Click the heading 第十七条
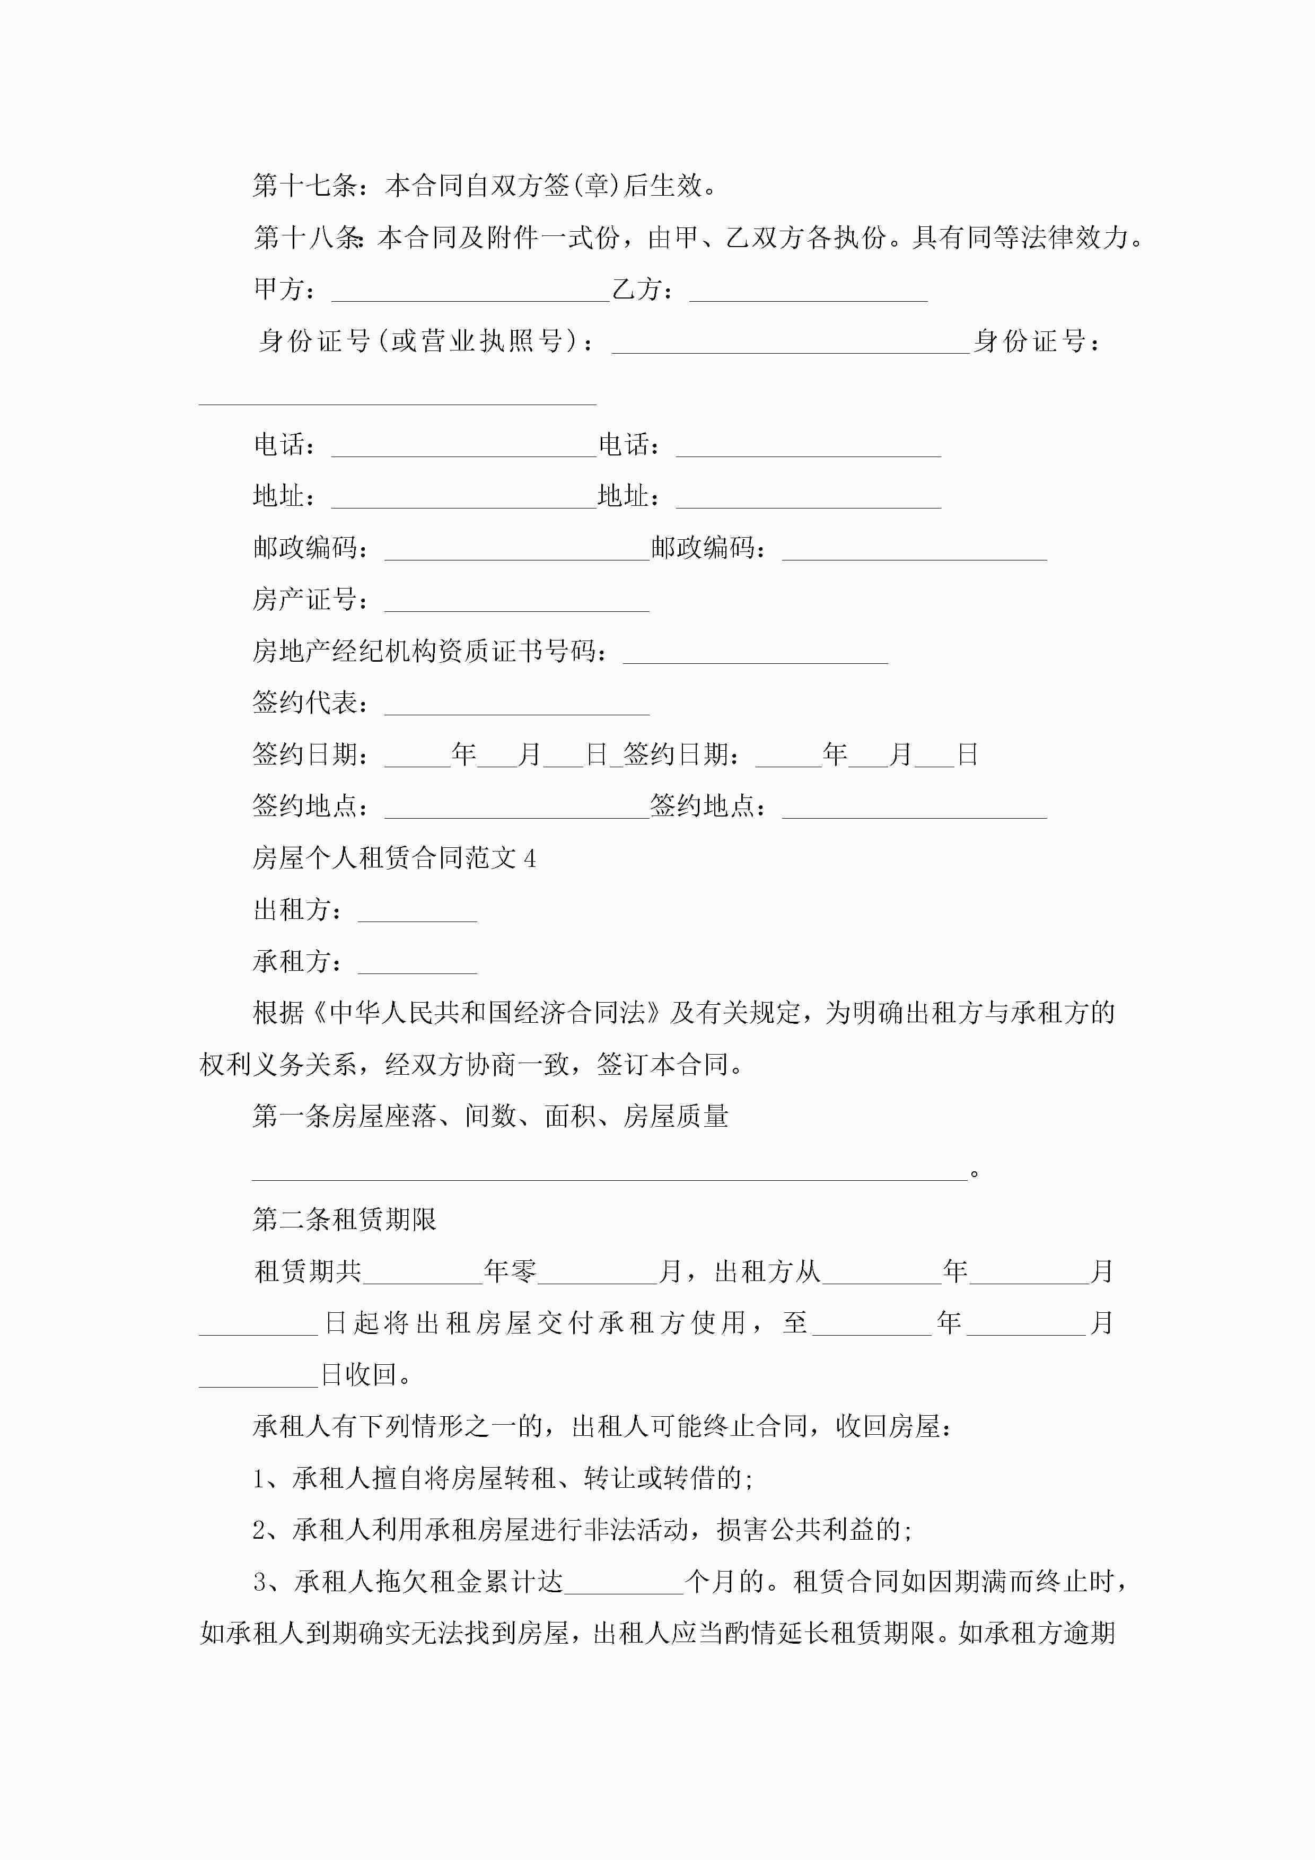pyautogui.click(x=304, y=186)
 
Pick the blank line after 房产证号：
pyautogui.click(x=516, y=602)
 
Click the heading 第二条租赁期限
pyautogui.click(x=344, y=1219)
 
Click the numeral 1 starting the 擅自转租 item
pyautogui.click(x=259, y=1478)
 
